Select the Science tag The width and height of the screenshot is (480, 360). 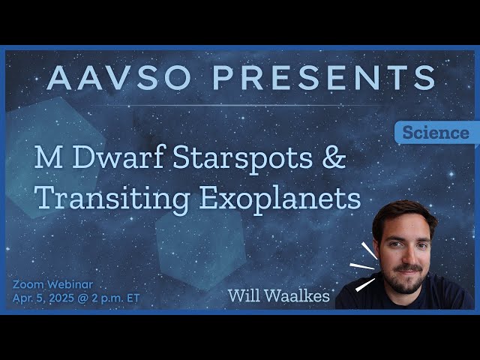coord(436,133)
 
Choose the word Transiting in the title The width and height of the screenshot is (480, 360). coord(112,198)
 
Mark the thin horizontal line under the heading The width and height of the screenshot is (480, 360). coord(240,105)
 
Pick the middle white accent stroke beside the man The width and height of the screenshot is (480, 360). coord(364,265)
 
